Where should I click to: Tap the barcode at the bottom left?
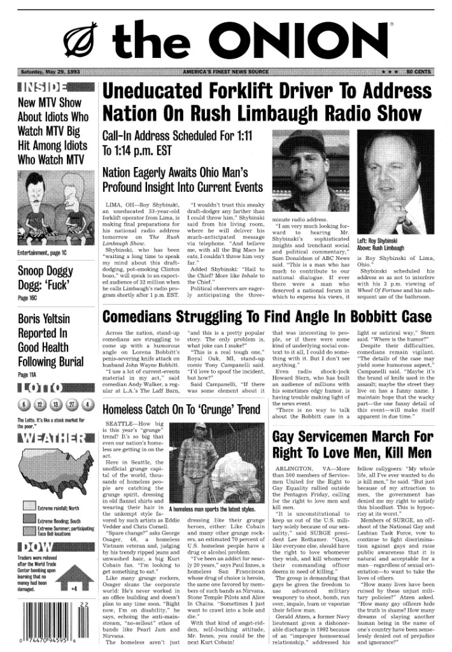[48, 628]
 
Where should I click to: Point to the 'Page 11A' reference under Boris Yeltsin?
[27, 375]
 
